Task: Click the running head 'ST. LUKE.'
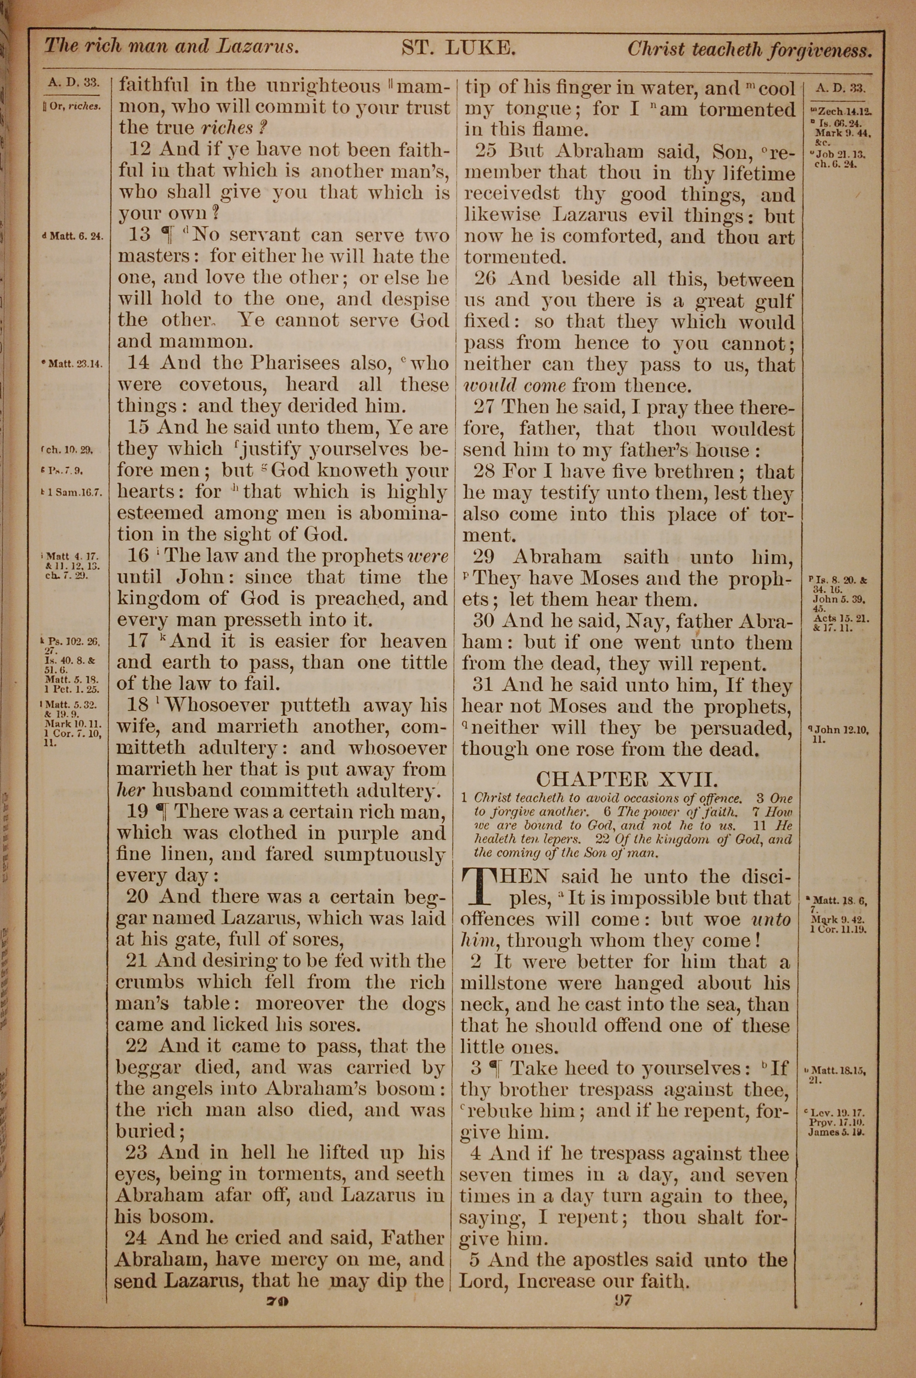click(x=458, y=48)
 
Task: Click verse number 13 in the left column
click(x=140, y=235)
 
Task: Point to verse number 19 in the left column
click(x=138, y=811)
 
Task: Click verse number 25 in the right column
click(x=486, y=151)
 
